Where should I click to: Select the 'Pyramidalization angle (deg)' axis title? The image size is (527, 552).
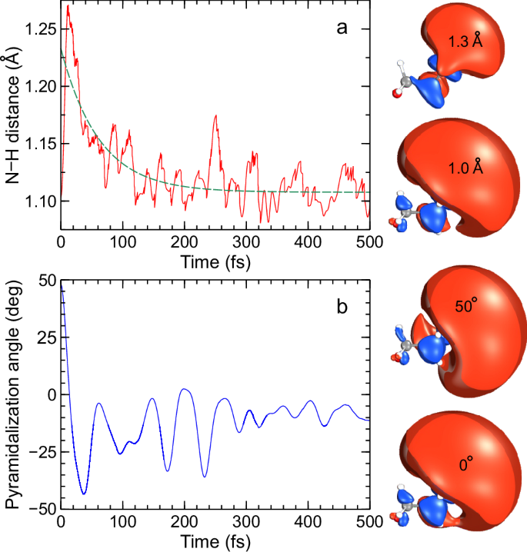(x=13, y=394)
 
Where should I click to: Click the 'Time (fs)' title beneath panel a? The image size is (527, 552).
(x=215, y=261)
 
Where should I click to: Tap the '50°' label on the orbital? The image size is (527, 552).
(x=466, y=308)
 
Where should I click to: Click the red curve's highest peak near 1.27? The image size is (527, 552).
(x=68, y=5)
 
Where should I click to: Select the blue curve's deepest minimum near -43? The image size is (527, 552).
(x=84, y=494)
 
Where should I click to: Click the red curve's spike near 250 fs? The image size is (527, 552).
(x=215, y=115)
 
